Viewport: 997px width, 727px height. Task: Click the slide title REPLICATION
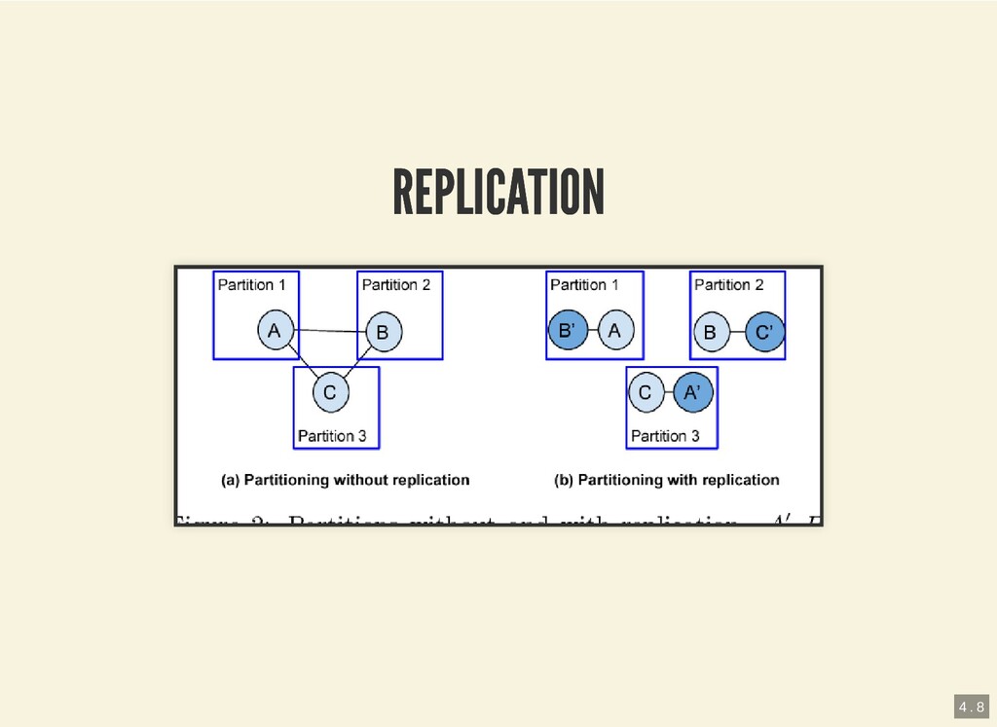498,192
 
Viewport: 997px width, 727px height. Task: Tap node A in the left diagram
276,331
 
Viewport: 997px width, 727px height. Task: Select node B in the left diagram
382,333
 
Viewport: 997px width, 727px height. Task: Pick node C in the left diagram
330,392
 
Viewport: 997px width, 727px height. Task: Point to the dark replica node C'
764,333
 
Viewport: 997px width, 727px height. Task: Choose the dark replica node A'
692,393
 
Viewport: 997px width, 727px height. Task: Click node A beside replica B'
614,332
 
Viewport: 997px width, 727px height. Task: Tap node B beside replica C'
710,333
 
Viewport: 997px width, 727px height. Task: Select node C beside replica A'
644,393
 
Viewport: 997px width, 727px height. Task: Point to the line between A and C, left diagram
302,362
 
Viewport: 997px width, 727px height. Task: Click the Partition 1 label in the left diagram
251,285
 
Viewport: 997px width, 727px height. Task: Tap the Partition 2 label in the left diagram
396,285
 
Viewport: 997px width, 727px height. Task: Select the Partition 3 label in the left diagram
332,436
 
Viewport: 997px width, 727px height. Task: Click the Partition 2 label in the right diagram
729,285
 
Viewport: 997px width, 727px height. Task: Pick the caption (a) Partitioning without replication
346,480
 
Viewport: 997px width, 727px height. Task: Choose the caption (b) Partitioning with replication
667,480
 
